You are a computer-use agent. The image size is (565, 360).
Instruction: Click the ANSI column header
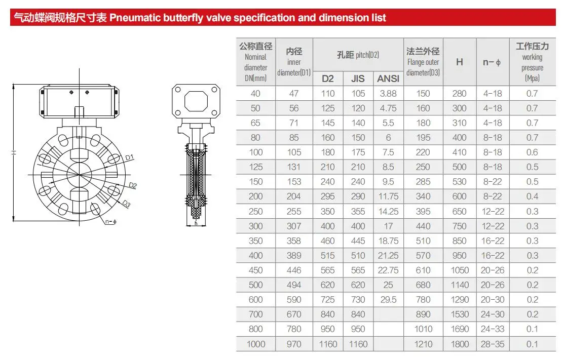[x=388, y=78]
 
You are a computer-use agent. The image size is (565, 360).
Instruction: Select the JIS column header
[x=358, y=78]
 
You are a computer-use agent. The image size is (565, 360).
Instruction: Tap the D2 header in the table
[x=327, y=78]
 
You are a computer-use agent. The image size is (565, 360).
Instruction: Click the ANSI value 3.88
[x=388, y=94]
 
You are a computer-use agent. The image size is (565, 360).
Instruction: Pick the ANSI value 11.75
[x=388, y=196]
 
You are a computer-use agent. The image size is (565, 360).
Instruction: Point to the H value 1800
[x=460, y=344]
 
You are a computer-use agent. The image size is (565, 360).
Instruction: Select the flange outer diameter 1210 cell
[x=423, y=344]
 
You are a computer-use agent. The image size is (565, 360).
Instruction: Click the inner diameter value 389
[x=294, y=256]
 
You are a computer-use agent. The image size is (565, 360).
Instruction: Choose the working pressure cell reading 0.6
[x=532, y=152]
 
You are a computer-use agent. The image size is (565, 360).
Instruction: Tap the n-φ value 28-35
[x=492, y=344]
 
